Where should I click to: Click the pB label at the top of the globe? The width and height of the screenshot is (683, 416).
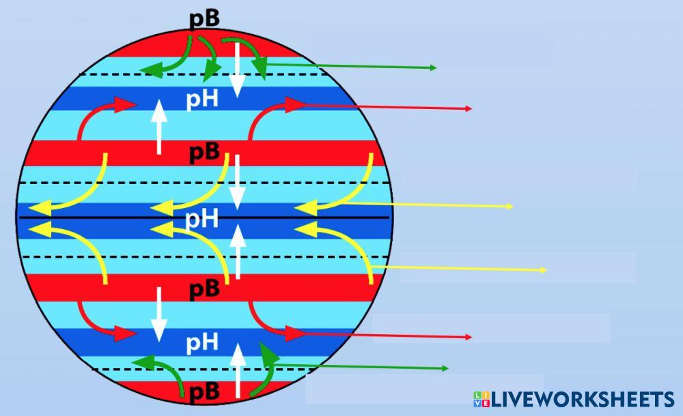click(x=204, y=18)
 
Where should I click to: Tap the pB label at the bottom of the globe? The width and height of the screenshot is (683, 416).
click(x=204, y=391)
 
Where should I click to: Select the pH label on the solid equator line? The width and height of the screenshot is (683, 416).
click(x=203, y=219)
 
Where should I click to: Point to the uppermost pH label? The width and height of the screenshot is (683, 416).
click(x=203, y=100)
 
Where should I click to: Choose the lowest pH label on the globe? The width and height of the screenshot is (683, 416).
click(x=203, y=340)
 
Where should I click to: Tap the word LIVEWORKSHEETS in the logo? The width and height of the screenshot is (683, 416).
click(x=583, y=400)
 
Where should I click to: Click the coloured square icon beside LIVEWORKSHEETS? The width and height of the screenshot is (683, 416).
click(x=481, y=400)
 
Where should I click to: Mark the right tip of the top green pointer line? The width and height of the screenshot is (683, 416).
click(x=435, y=68)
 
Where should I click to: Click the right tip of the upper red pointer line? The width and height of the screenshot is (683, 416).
click(x=471, y=108)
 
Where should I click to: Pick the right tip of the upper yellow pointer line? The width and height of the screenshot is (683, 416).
click(x=512, y=207)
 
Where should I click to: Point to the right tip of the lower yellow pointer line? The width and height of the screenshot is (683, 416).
click(x=546, y=270)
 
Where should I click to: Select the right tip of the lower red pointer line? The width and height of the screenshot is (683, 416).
click(x=471, y=337)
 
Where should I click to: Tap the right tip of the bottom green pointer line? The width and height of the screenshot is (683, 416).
click(x=447, y=368)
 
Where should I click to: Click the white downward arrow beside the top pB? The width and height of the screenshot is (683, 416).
click(x=237, y=68)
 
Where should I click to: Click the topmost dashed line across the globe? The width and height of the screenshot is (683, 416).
click(x=205, y=74)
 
